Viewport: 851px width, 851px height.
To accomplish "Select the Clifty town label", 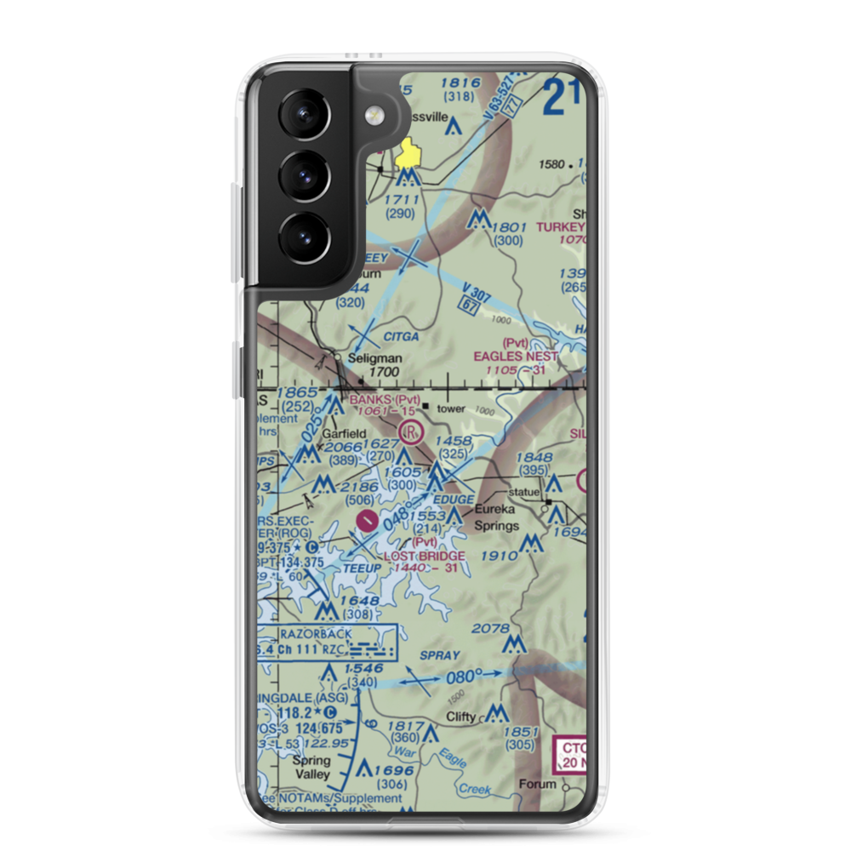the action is [x=461, y=717].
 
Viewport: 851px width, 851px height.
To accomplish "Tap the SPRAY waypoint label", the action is [x=439, y=656].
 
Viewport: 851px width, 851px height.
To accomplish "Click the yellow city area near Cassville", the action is [x=412, y=154].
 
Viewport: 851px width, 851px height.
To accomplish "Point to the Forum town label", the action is [x=538, y=785].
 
